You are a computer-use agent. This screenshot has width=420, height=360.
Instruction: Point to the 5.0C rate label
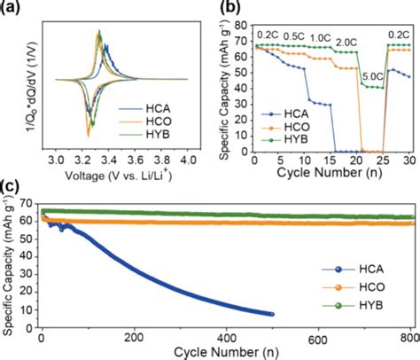pos(373,77)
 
